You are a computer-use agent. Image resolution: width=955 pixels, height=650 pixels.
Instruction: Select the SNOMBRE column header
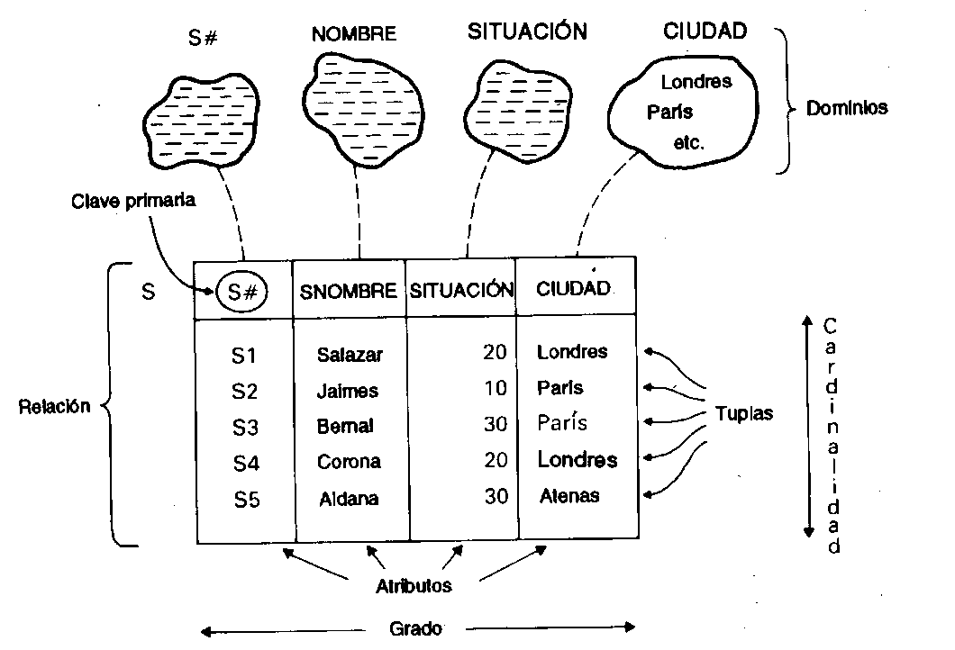[x=349, y=291]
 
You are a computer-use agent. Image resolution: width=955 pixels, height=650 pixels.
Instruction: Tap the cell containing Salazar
[x=350, y=355]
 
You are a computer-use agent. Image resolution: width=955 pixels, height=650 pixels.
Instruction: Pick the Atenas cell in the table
[x=569, y=495]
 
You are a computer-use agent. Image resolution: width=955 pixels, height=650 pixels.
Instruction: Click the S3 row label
[x=245, y=427]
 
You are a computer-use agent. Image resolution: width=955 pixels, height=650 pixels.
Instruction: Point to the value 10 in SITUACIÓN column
[x=495, y=389]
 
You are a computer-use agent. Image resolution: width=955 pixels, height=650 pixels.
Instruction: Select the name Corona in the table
[x=349, y=462]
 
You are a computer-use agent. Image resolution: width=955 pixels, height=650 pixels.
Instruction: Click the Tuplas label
[x=744, y=414]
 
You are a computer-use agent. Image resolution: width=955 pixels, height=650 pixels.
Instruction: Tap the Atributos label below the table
[x=414, y=586]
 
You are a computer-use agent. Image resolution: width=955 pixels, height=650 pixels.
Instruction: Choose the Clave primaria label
[x=132, y=201]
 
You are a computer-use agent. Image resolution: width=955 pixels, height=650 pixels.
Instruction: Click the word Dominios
[x=847, y=108]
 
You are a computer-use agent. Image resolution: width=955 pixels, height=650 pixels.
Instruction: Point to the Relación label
[x=54, y=406]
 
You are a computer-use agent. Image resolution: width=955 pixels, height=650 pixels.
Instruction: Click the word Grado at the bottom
[x=415, y=628]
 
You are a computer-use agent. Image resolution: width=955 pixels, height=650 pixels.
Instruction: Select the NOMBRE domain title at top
[x=354, y=35]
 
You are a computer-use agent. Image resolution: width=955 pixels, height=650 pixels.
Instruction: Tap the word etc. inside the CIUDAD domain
[x=688, y=142]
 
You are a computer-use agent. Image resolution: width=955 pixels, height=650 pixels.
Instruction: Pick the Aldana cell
[x=349, y=499]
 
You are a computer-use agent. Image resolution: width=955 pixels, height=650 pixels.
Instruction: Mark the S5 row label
[x=246, y=500]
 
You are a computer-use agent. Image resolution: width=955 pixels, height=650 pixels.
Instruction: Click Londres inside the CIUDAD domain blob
[x=696, y=82]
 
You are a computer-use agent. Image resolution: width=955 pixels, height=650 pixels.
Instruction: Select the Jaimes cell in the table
[x=348, y=392]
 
